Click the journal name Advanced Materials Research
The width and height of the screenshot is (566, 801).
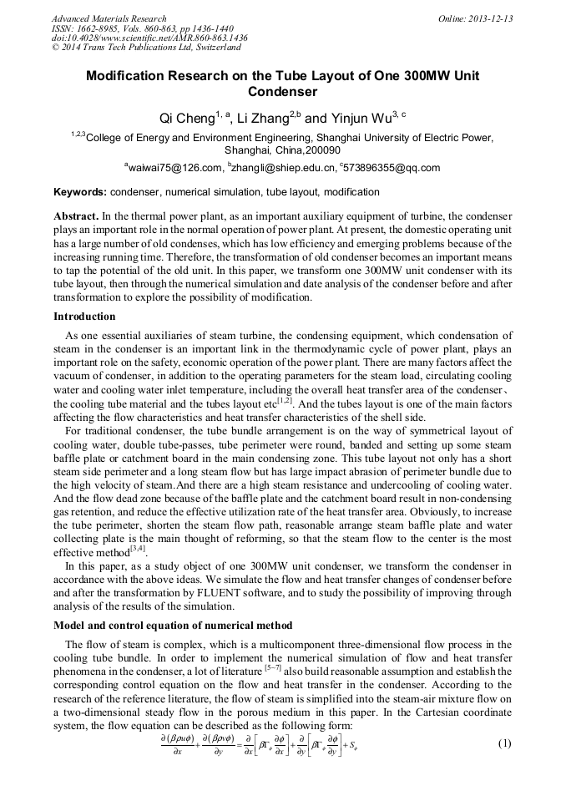[x=109, y=18]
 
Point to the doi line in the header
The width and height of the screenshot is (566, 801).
[x=149, y=38]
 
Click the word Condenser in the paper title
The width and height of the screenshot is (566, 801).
[x=283, y=91]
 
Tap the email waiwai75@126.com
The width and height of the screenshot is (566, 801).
[x=174, y=167]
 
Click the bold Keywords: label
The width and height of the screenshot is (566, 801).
[x=80, y=191]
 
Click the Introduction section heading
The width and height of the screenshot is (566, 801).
[x=84, y=317]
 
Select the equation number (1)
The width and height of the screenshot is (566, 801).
[x=503, y=743]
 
